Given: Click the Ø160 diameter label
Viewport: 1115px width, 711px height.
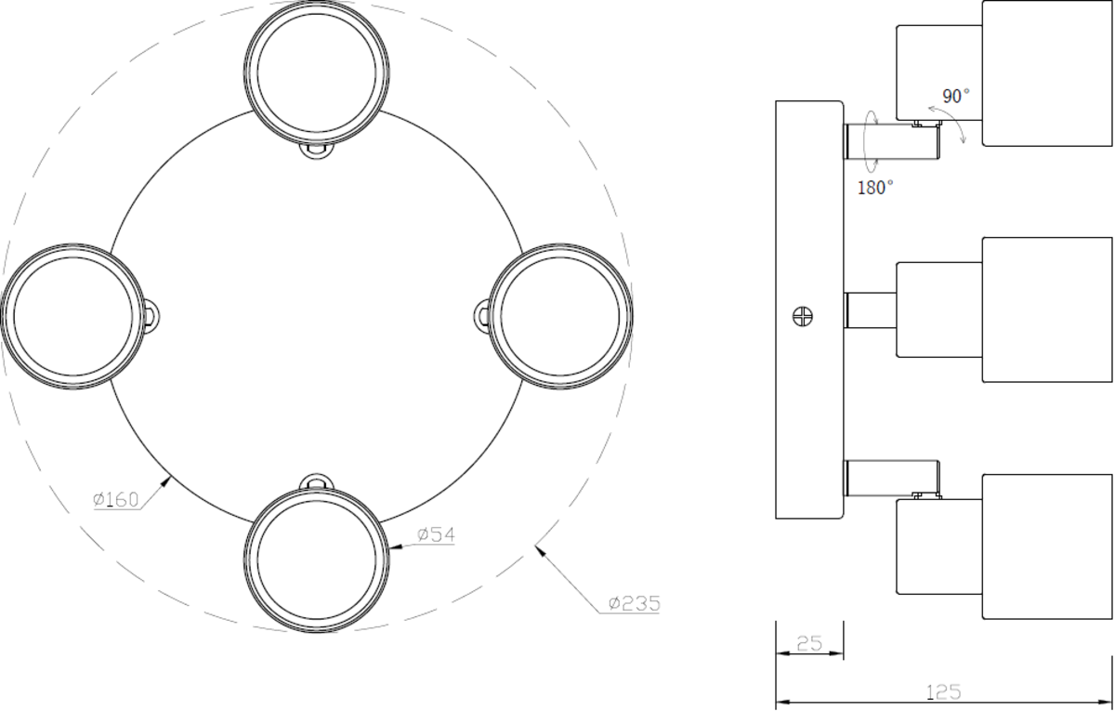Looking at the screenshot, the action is tap(115, 499).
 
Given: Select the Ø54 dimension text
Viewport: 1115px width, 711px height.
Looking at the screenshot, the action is tap(436, 534).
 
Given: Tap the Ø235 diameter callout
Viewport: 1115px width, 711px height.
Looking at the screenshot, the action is tap(634, 603).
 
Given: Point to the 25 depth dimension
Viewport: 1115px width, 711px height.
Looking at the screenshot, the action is tap(809, 644).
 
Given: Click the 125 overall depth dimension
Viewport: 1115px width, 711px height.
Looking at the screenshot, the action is tap(943, 692).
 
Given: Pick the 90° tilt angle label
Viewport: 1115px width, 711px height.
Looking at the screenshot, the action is tap(956, 96).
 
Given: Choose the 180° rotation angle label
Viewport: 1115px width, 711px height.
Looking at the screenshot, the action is tap(875, 188).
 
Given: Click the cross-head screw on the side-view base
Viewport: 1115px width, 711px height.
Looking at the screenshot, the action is tap(803, 316).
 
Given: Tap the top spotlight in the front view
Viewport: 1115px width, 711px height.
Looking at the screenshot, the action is tap(317, 73).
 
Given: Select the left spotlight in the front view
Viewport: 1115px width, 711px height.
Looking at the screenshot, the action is tap(73, 316).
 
